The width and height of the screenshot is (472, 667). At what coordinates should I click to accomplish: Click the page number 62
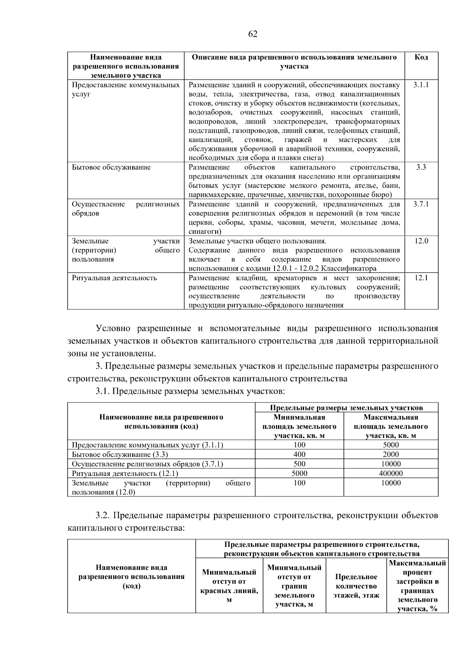[253, 34]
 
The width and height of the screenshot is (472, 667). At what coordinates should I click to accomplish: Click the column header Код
[421, 57]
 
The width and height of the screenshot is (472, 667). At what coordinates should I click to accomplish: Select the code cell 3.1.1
[421, 85]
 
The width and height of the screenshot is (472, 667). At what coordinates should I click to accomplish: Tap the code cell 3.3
[421, 167]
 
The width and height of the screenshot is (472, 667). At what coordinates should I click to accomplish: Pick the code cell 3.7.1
[421, 204]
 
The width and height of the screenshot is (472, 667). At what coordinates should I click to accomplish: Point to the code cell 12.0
[421, 241]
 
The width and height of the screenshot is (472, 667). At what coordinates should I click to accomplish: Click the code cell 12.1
[421, 278]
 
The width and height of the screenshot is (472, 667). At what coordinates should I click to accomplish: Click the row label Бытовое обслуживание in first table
[111, 167]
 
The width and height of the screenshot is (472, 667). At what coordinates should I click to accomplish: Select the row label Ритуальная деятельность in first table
[114, 278]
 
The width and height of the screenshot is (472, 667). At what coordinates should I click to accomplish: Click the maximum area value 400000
[391, 474]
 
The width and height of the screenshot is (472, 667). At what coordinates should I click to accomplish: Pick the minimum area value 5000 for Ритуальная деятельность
[299, 474]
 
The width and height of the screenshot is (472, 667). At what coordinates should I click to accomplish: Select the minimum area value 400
[299, 454]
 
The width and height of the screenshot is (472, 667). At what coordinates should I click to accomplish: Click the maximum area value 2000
[391, 454]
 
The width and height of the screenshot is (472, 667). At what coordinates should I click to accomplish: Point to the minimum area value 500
[299, 464]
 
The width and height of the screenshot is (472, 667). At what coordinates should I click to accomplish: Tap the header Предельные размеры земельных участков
[346, 408]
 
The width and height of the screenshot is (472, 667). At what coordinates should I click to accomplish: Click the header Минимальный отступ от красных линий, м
[229, 586]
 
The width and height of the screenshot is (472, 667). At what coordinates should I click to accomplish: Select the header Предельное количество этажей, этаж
[356, 586]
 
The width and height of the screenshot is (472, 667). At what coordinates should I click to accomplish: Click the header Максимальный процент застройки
[417, 586]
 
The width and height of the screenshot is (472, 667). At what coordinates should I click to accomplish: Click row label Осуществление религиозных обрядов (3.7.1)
[147, 464]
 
